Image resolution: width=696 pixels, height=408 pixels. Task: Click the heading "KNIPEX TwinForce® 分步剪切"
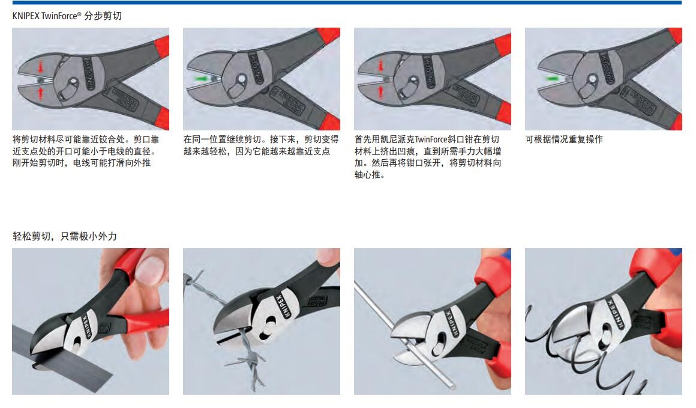point(67,16)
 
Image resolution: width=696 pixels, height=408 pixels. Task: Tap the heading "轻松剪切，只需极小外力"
point(65,236)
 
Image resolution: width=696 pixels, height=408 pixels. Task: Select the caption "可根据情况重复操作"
point(564,139)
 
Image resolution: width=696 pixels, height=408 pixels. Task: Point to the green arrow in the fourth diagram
point(553,79)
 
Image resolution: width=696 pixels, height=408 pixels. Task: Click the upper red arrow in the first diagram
point(41,68)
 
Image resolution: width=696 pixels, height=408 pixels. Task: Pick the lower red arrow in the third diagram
point(381,91)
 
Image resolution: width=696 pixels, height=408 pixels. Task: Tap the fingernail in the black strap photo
point(149,270)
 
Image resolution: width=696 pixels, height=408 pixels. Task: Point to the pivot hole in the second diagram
point(241,79)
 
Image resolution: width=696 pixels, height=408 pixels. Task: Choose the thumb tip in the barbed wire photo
point(329,255)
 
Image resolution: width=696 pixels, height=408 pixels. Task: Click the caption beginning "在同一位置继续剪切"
point(261,145)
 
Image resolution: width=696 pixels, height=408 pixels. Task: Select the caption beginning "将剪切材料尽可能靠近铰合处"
point(86,151)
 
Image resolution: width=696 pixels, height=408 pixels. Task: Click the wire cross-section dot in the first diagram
point(40,80)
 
